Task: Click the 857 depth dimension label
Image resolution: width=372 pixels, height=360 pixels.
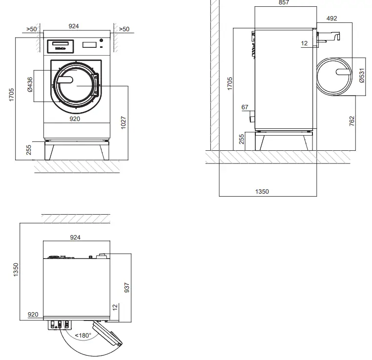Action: (284, 3)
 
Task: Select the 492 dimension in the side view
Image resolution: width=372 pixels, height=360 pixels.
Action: (331, 19)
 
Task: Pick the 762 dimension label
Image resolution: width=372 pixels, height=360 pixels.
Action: (352, 121)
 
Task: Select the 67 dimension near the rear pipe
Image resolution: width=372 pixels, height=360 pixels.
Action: (245, 107)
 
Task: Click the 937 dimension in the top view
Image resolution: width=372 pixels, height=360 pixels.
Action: (127, 287)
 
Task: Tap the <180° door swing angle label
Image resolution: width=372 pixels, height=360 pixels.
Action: (83, 336)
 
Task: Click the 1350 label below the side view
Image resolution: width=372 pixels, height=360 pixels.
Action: (262, 192)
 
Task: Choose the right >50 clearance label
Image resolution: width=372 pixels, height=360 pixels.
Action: (124, 29)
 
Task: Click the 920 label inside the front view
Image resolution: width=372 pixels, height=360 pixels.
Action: (74, 119)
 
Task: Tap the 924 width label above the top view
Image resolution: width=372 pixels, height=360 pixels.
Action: (75, 238)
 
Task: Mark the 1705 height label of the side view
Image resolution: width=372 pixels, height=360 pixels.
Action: (229, 83)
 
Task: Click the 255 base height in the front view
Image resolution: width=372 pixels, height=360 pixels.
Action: (29, 149)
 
